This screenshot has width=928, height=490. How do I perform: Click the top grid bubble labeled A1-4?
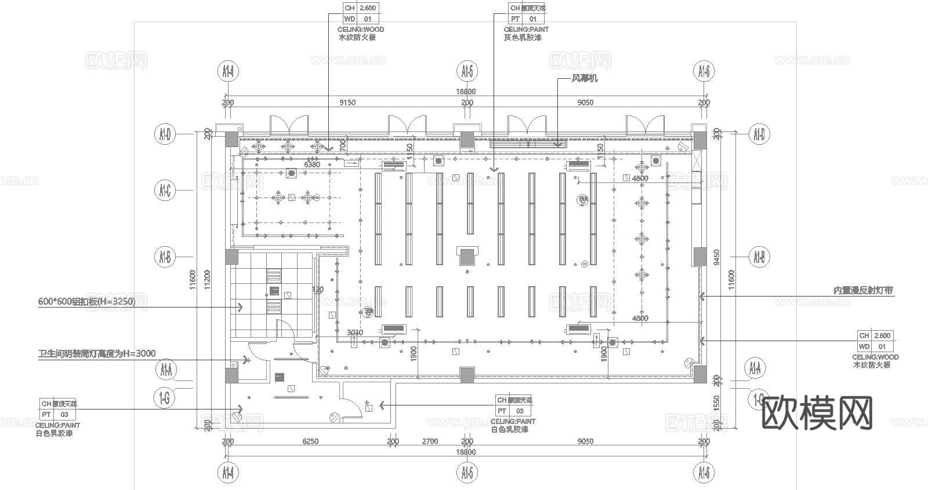tap(228, 72)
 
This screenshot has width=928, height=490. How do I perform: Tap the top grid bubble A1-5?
tap(467, 72)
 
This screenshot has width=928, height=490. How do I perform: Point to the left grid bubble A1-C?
tap(165, 190)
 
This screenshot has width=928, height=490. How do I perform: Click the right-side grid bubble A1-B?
tap(759, 256)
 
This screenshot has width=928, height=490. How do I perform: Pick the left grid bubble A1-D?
tap(165, 135)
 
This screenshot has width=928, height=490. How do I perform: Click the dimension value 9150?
tap(347, 103)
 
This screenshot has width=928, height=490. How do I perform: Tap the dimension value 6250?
tap(310, 441)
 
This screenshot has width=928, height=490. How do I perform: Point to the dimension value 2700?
tap(430, 441)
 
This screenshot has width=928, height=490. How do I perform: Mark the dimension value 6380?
tap(312, 164)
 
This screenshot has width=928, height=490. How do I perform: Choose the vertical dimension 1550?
tap(717, 404)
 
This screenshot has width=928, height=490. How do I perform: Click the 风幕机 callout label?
tap(585, 78)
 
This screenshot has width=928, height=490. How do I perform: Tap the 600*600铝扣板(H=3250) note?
tap(86, 302)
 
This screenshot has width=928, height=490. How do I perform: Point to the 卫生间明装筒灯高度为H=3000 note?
tap(97, 354)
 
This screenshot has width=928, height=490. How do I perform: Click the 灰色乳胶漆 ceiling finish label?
tap(523, 38)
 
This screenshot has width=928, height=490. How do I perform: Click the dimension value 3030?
tap(355, 332)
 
